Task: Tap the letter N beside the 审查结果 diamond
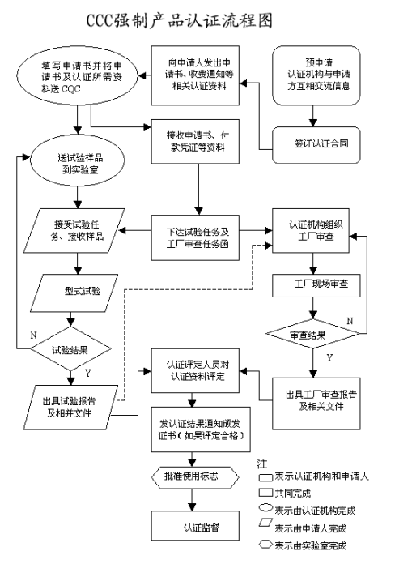coord(350,322)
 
